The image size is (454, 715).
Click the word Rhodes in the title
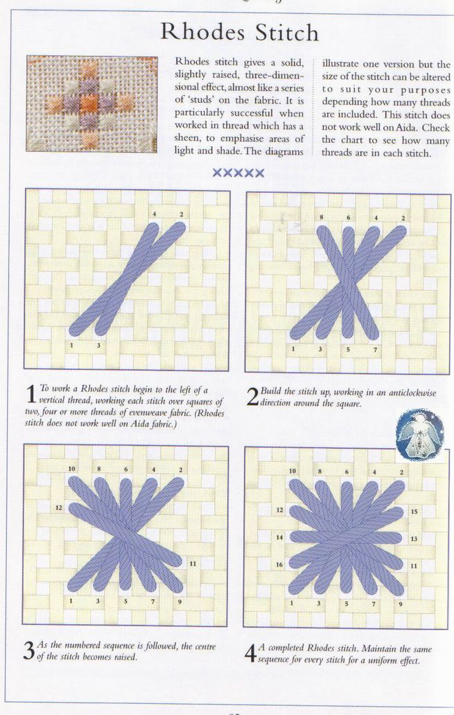(x=203, y=32)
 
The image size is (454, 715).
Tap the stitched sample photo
(x=91, y=103)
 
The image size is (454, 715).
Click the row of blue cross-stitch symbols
(x=238, y=173)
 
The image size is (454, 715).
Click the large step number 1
(x=30, y=394)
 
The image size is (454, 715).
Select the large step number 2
(x=252, y=397)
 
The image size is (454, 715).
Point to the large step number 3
(x=28, y=650)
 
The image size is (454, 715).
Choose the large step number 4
(x=250, y=654)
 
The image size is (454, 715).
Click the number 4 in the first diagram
(x=155, y=214)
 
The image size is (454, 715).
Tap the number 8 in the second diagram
(x=322, y=217)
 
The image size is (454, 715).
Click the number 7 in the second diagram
(x=375, y=350)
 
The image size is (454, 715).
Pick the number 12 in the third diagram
(x=59, y=507)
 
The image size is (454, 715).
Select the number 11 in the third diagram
(x=193, y=564)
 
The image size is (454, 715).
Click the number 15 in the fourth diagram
(x=414, y=512)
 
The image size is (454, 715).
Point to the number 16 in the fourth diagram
(x=279, y=564)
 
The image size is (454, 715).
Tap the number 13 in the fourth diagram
(x=414, y=539)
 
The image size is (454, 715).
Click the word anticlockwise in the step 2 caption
(x=412, y=392)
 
